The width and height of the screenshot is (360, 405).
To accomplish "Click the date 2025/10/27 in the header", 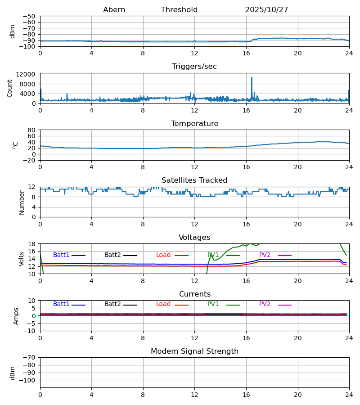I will coord(266,10).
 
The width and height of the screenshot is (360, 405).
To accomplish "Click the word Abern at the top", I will coord(114,10).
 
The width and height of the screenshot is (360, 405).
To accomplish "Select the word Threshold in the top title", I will coord(179,10).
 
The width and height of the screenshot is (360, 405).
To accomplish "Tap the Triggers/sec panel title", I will coord(194,67).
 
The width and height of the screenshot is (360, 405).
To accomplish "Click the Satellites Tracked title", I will coord(194,180).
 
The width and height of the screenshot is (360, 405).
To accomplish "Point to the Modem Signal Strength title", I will coord(194,351).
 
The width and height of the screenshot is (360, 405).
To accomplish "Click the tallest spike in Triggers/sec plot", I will coord(252,78).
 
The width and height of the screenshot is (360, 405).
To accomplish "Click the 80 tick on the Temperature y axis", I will coord(31,130).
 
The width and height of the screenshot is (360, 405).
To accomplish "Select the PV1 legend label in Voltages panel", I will coord(213,255).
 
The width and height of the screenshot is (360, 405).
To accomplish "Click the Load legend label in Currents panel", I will coord(163,304).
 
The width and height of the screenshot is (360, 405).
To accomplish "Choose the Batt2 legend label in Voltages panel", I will coord(112,255).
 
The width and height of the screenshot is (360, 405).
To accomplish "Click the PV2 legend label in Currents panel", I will coord(265,304).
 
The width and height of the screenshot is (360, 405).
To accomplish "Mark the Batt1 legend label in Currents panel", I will coord(61,304).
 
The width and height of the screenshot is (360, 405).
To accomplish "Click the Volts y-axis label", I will coord(21,259).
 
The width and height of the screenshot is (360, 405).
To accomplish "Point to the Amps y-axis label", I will coord(17,316).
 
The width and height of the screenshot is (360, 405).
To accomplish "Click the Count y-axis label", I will coord(10,88).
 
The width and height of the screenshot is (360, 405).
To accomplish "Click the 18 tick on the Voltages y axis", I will coord(31,244).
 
